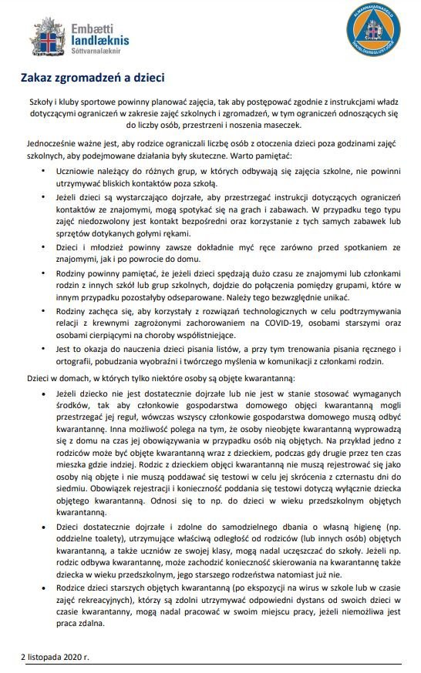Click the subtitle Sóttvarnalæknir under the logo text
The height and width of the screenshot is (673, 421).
click(x=93, y=52)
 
